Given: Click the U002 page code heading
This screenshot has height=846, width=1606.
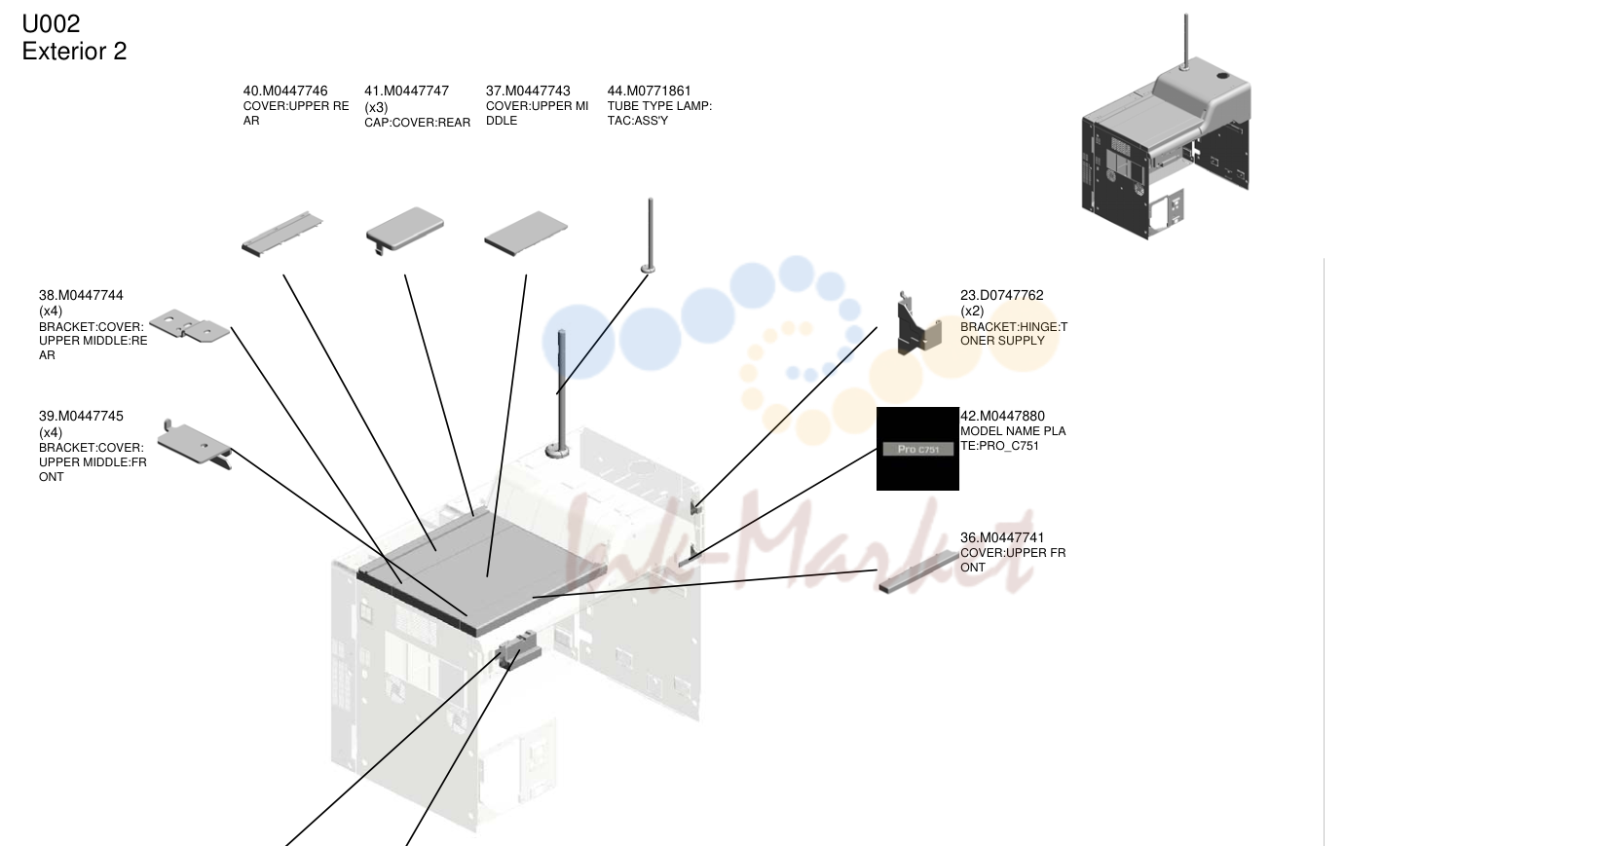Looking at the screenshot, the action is (51, 23).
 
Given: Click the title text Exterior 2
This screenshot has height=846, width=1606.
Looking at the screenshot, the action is (74, 51).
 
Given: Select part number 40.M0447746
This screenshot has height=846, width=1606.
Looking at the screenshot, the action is (285, 92).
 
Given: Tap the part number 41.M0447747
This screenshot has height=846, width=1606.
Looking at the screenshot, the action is (406, 92).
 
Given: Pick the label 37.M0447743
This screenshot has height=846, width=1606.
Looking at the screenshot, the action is (529, 92).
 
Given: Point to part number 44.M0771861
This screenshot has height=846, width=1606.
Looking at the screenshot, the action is (650, 92).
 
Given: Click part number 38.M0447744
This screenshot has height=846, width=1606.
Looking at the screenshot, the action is (81, 295).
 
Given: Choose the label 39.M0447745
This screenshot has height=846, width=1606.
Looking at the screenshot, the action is (81, 416).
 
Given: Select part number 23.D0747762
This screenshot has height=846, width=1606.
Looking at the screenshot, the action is (1001, 295).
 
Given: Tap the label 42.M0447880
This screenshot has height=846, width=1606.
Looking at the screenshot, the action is (1002, 416).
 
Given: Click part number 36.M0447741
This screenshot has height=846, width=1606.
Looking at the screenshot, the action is (1002, 537).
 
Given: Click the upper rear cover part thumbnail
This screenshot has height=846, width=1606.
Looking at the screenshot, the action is (281, 234).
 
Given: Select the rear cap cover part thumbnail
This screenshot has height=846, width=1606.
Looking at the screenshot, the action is (404, 230).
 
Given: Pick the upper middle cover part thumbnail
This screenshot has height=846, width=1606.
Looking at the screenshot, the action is (526, 233).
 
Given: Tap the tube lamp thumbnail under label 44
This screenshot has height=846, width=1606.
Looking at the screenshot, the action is (650, 236).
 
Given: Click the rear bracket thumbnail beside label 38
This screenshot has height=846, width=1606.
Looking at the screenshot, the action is (189, 325).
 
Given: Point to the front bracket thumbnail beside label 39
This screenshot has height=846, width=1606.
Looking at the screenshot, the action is (195, 444).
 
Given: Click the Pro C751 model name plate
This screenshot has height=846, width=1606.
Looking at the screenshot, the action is (917, 449).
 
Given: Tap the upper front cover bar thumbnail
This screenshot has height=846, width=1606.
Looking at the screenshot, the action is (918, 571).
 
